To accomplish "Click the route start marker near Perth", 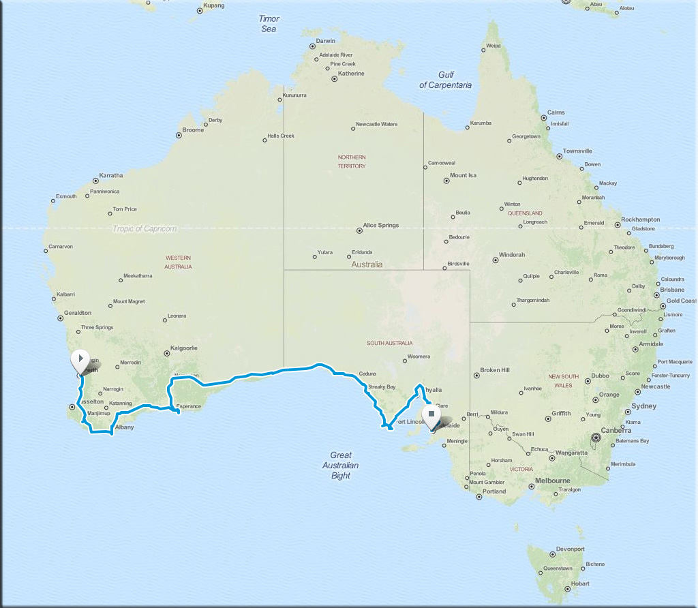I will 80,359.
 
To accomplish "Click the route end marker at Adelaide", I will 431,415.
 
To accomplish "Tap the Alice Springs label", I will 381,226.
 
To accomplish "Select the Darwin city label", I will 326,41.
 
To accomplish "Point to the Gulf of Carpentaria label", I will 446,80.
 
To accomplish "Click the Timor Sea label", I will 269,24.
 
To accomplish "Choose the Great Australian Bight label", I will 340,466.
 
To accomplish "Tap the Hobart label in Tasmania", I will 580,584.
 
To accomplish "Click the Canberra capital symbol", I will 596,437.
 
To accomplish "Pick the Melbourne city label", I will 552,481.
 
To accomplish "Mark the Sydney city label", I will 644,406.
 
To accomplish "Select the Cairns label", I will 556,112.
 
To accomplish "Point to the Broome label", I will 193,130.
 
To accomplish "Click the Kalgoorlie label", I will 184,348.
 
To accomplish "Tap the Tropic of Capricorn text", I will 145,229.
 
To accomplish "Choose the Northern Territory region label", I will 352,162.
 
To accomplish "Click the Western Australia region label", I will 178,262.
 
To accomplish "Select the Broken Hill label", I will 495,370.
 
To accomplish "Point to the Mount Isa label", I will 463,176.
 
